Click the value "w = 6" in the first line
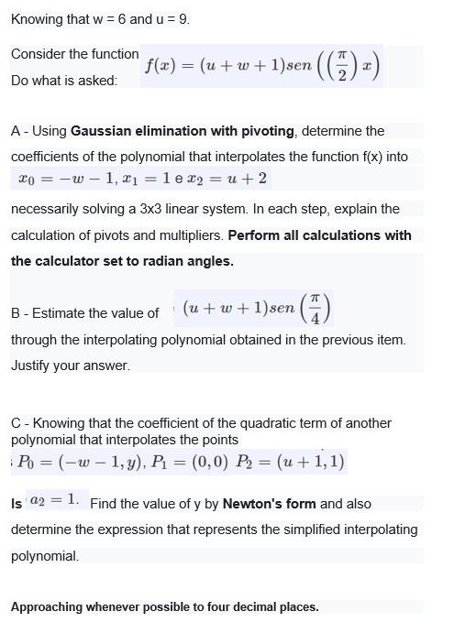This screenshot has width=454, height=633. [106, 19]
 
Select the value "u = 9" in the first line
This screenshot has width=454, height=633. [169, 19]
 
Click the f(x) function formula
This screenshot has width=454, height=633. [261, 66]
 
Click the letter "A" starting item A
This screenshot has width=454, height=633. [16, 131]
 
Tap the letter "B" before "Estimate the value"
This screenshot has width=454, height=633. [16, 313]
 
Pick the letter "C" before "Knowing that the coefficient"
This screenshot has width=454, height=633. [16, 423]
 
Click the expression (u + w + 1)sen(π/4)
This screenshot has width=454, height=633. [256, 312]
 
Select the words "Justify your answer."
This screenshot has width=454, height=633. [71, 366]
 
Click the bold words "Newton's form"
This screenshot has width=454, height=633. [269, 504]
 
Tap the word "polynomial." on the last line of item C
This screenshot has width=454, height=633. [45, 556]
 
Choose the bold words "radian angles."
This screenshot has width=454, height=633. [183, 261]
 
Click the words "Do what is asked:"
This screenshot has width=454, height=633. [64, 81]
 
